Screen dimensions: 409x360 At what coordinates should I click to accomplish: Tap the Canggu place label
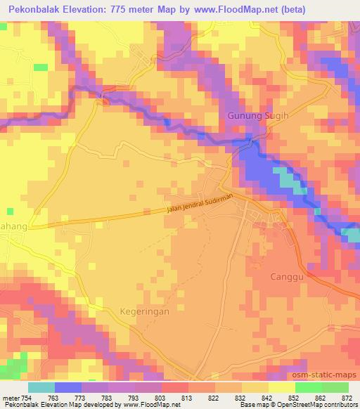(288, 276)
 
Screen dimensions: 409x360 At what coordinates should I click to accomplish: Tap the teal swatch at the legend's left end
(41, 387)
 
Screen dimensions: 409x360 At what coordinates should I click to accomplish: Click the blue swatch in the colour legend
(68, 387)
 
